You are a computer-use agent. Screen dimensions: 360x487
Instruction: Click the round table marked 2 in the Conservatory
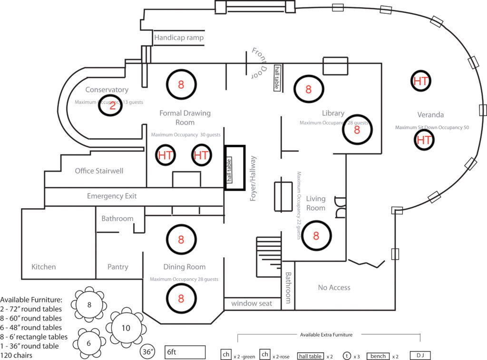click(110, 106)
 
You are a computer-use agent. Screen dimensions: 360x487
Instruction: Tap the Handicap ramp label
click(178, 38)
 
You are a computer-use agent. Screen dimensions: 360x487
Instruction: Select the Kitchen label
click(43, 267)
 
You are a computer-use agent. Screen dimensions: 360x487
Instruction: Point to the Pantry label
click(117, 267)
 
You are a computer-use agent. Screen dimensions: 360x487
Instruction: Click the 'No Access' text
click(334, 287)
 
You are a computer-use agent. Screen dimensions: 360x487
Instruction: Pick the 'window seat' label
click(252, 303)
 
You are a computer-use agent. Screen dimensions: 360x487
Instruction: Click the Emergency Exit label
click(112, 196)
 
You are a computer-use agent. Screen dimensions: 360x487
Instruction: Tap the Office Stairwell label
click(99, 171)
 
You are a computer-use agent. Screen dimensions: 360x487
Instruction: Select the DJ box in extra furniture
click(420, 356)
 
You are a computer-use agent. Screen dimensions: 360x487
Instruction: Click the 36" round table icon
click(148, 352)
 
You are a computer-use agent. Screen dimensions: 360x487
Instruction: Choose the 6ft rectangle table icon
click(185, 352)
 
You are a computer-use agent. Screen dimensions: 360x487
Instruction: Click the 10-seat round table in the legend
click(126, 328)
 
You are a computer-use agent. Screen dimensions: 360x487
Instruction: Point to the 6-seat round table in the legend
click(89, 342)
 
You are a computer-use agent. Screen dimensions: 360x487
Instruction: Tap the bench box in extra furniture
click(378, 356)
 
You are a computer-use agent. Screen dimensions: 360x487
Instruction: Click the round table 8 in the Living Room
click(316, 235)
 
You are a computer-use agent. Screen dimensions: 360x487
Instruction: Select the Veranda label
click(430, 115)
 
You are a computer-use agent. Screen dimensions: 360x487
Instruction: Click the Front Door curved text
click(260, 62)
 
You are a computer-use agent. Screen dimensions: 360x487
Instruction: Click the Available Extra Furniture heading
click(326, 335)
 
